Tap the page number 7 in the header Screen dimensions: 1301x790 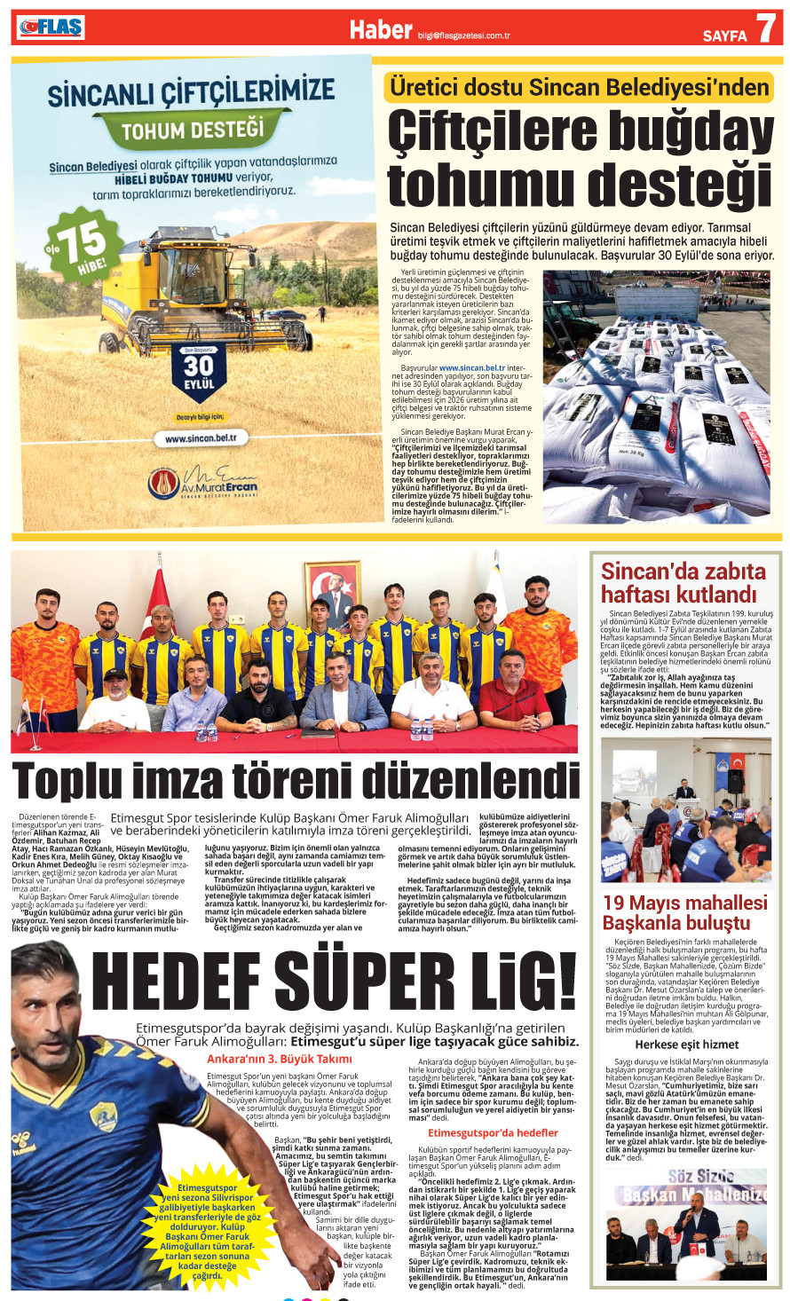[764, 29]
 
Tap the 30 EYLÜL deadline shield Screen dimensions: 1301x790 [199, 370]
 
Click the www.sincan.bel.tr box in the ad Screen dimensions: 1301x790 [201, 438]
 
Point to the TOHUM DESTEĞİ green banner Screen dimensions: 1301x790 [193, 131]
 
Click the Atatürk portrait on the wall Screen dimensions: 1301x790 [332, 591]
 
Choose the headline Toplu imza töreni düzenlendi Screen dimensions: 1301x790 [296, 782]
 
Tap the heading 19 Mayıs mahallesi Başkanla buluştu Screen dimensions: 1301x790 [684, 912]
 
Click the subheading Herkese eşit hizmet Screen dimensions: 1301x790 [686, 1045]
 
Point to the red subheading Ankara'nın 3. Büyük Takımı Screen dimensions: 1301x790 [279, 1059]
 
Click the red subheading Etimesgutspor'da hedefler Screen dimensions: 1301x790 [493, 1132]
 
